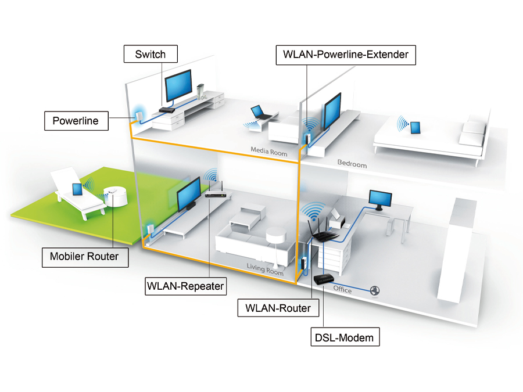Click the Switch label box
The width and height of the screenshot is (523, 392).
click(151, 55)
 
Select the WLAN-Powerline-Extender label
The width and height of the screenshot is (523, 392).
click(346, 55)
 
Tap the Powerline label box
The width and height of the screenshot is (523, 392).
click(76, 121)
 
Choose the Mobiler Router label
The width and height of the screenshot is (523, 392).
click(84, 256)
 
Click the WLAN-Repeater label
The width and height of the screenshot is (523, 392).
click(185, 286)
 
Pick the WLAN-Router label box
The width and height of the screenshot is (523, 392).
click(278, 308)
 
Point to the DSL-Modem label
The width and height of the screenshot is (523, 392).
click(344, 336)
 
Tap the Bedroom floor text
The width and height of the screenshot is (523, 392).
click(352, 164)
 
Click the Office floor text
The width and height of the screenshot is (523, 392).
click(342, 289)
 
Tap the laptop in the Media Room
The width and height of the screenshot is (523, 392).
click(259, 112)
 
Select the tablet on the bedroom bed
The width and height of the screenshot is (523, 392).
click(415, 128)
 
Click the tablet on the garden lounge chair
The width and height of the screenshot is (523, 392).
click(76, 189)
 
